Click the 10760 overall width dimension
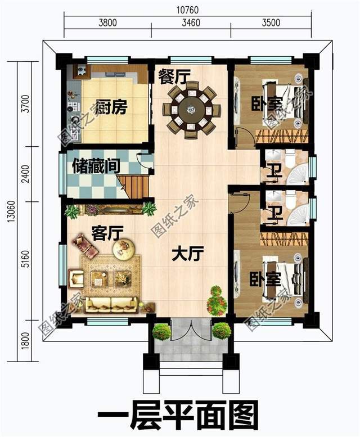[x=188, y=10]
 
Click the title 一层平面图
[x=178, y=415]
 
